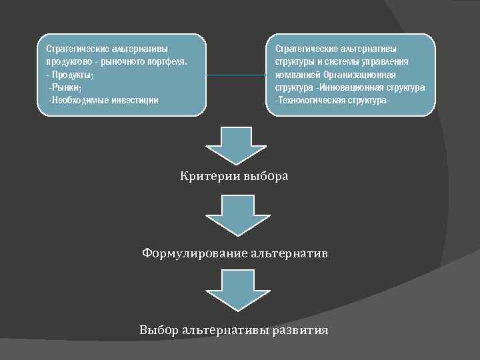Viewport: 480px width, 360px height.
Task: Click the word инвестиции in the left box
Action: pyautogui.click(x=135, y=100)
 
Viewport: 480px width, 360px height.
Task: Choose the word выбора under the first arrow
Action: pyautogui.click(x=266, y=177)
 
